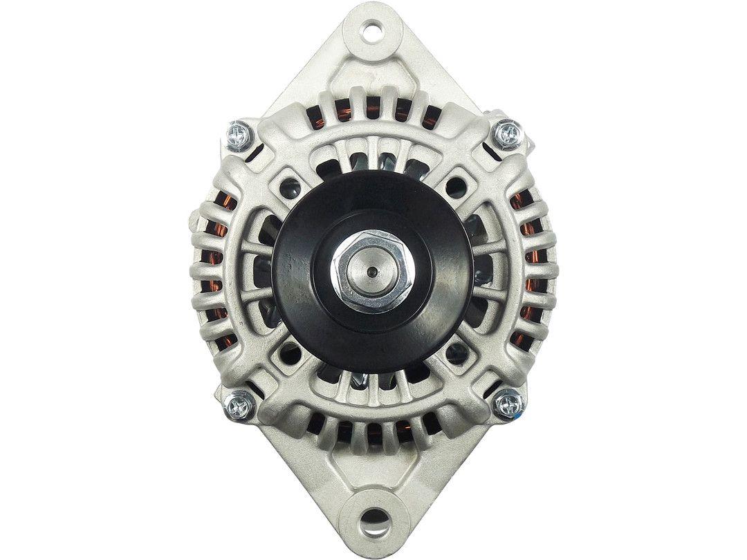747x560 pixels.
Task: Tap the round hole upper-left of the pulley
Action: (292, 185)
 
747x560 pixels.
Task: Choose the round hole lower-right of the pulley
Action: (454, 353)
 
